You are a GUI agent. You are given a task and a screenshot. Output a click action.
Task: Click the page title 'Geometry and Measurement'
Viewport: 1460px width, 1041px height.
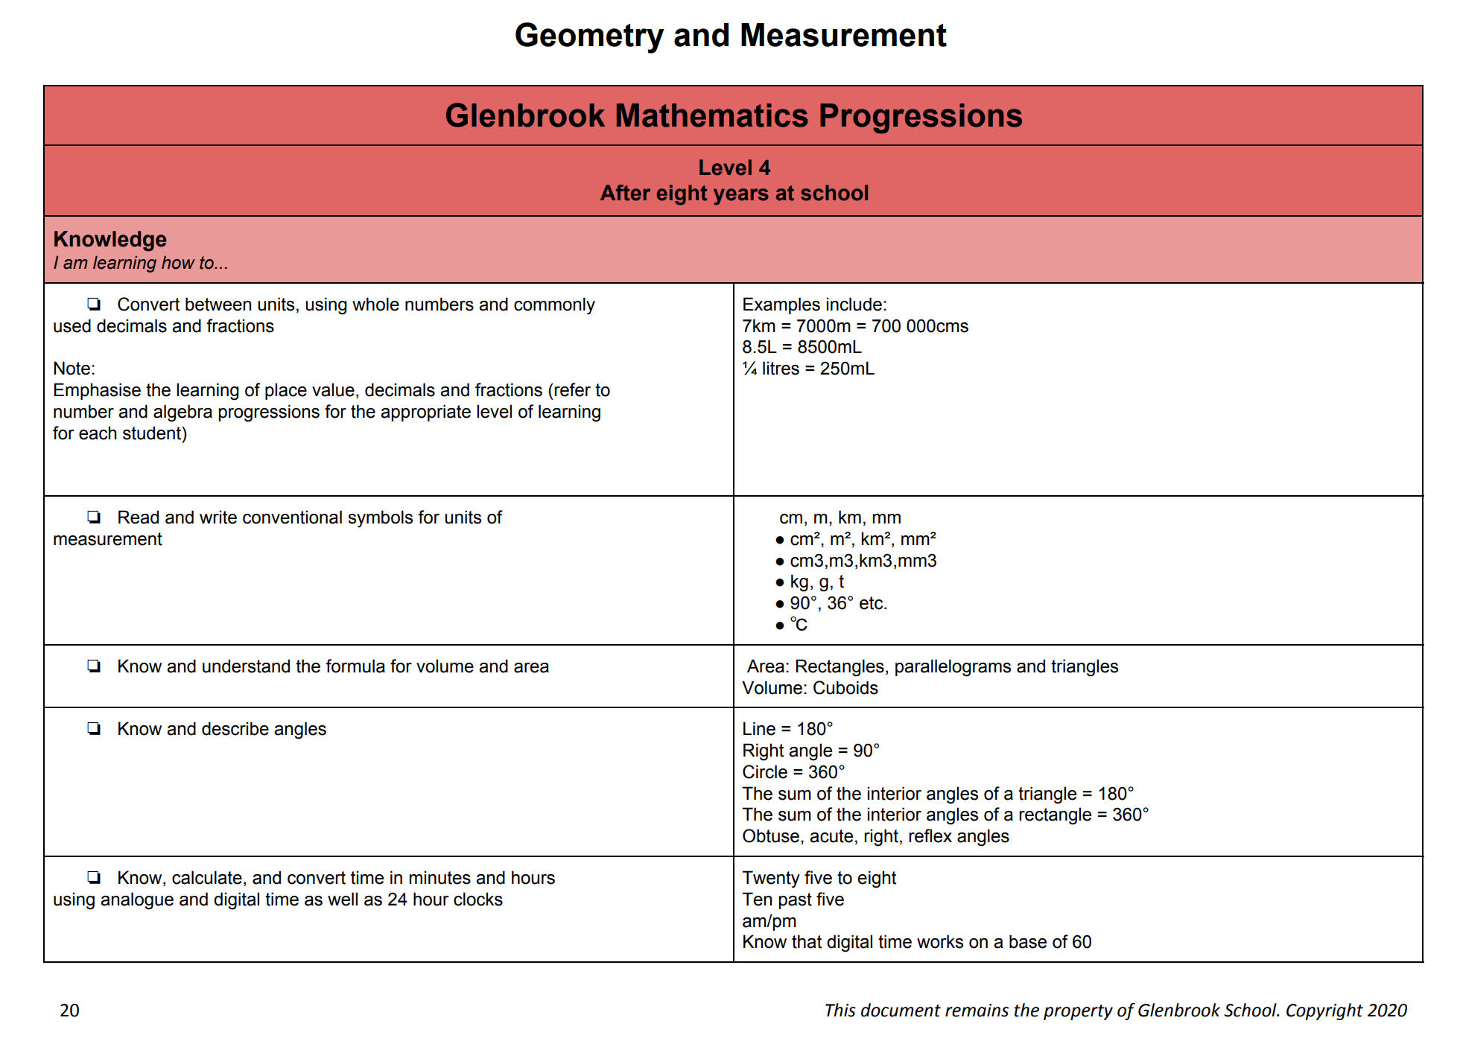click(730, 36)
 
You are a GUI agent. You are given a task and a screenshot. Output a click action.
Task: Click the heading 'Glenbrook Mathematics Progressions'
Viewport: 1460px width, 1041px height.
click(733, 115)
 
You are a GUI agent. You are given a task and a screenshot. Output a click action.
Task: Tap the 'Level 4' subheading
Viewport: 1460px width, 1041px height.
click(734, 168)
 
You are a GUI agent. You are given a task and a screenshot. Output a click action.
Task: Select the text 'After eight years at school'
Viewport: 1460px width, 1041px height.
click(734, 194)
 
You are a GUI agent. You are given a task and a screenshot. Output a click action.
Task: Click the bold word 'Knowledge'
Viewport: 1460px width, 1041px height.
click(110, 239)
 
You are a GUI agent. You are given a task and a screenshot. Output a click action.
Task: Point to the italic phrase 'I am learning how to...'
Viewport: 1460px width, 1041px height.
click(141, 263)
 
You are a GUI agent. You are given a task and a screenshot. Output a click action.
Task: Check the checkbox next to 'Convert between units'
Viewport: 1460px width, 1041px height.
click(94, 304)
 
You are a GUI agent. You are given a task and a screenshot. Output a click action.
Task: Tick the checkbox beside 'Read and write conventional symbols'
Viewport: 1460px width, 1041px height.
click(94, 517)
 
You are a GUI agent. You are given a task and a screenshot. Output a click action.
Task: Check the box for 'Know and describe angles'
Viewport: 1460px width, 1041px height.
click(94, 728)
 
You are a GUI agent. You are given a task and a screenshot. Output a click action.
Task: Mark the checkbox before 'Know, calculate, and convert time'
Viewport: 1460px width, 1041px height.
click(94, 877)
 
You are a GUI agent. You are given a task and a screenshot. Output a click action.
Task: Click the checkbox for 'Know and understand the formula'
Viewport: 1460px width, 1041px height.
click(94, 666)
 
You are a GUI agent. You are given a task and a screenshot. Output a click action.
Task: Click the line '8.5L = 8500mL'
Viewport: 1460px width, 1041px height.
click(802, 347)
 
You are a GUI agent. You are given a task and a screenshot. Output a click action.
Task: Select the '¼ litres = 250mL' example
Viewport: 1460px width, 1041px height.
click(808, 369)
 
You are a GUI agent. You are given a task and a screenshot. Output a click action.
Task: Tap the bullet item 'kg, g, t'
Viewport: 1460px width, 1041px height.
click(816, 582)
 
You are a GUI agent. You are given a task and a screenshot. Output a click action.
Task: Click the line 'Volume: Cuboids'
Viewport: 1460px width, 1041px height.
click(810, 688)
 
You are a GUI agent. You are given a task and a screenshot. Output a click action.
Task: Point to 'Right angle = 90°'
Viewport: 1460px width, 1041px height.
click(810, 751)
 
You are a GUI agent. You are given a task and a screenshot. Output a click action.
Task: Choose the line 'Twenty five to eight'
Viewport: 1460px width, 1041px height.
click(819, 878)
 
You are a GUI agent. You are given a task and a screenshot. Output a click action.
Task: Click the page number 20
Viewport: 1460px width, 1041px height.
click(69, 1010)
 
